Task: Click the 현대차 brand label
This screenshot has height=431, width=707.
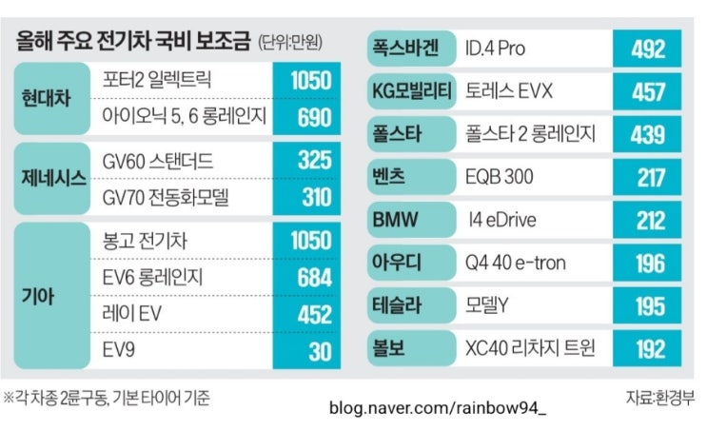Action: coord(46,98)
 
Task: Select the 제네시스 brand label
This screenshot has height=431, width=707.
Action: coord(53,178)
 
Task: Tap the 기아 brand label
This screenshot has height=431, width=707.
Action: coord(38,296)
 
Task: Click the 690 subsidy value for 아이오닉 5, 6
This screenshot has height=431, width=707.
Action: coord(314,117)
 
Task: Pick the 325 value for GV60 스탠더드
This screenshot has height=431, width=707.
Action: coord(314,160)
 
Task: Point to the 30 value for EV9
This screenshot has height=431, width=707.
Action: coord(320,351)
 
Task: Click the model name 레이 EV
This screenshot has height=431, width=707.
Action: coord(131,313)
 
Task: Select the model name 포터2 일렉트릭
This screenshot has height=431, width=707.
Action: coord(156,79)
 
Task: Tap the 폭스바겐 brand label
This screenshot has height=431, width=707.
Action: coord(405,48)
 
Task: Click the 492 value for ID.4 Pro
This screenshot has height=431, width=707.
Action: coord(648,49)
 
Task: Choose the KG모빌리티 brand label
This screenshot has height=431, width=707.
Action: coord(412,91)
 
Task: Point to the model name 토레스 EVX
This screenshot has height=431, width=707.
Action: coord(509,91)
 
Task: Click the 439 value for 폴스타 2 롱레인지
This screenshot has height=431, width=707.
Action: coord(648,135)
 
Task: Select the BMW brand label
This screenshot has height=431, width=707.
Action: coord(396,220)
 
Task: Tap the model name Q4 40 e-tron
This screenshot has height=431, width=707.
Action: coord(516,263)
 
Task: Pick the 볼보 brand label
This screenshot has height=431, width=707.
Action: coord(388,348)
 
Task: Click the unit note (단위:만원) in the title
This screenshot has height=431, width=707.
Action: coord(290,43)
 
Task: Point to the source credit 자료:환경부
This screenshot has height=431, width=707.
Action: coord(660,398)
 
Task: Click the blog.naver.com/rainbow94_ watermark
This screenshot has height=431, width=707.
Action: coord(438,408)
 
